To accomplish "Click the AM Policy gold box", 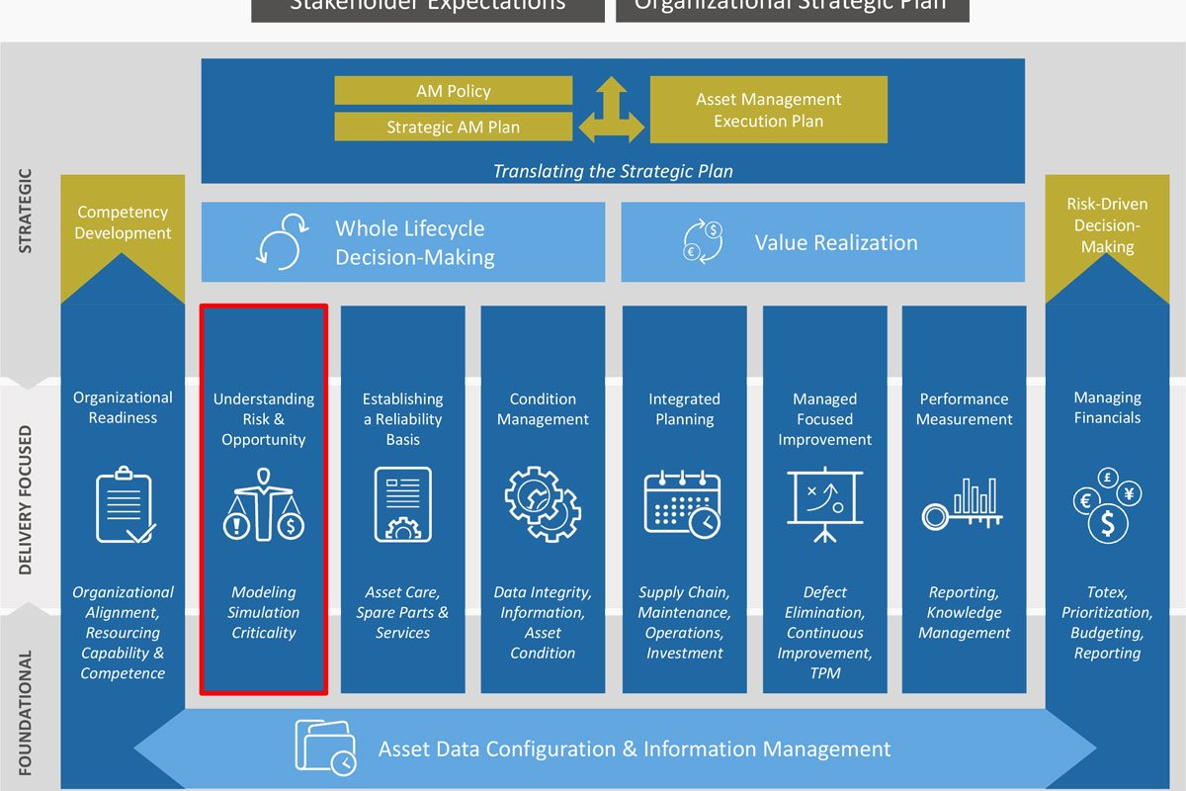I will [x=453, y=91].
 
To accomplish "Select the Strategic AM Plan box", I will [x=453, y=127].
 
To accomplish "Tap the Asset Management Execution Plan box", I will [x=768, y=110].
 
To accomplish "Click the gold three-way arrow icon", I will [x=611, y=110].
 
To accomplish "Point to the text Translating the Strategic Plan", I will [x=613, y=171].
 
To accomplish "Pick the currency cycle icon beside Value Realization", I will [x=703, y=242].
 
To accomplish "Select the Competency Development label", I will [x=123, y=222].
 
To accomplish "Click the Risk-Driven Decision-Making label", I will [x=1107, y=224].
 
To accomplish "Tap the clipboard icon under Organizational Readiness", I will [x=125, y=507].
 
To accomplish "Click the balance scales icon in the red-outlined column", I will [x=264, y=505].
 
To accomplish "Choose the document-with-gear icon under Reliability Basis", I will [x=402, y=504].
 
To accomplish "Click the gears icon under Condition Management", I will [x=543, y=504].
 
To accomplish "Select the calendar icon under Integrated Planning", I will [x=683, y=504].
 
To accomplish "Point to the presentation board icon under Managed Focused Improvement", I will [x=824, y=504].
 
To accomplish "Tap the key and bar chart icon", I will [x=963, y=505].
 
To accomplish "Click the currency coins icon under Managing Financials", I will [x=1107, y=505].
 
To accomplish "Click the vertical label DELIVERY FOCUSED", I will [x=26, y=500].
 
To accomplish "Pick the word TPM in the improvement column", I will [x=824, y=673].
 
